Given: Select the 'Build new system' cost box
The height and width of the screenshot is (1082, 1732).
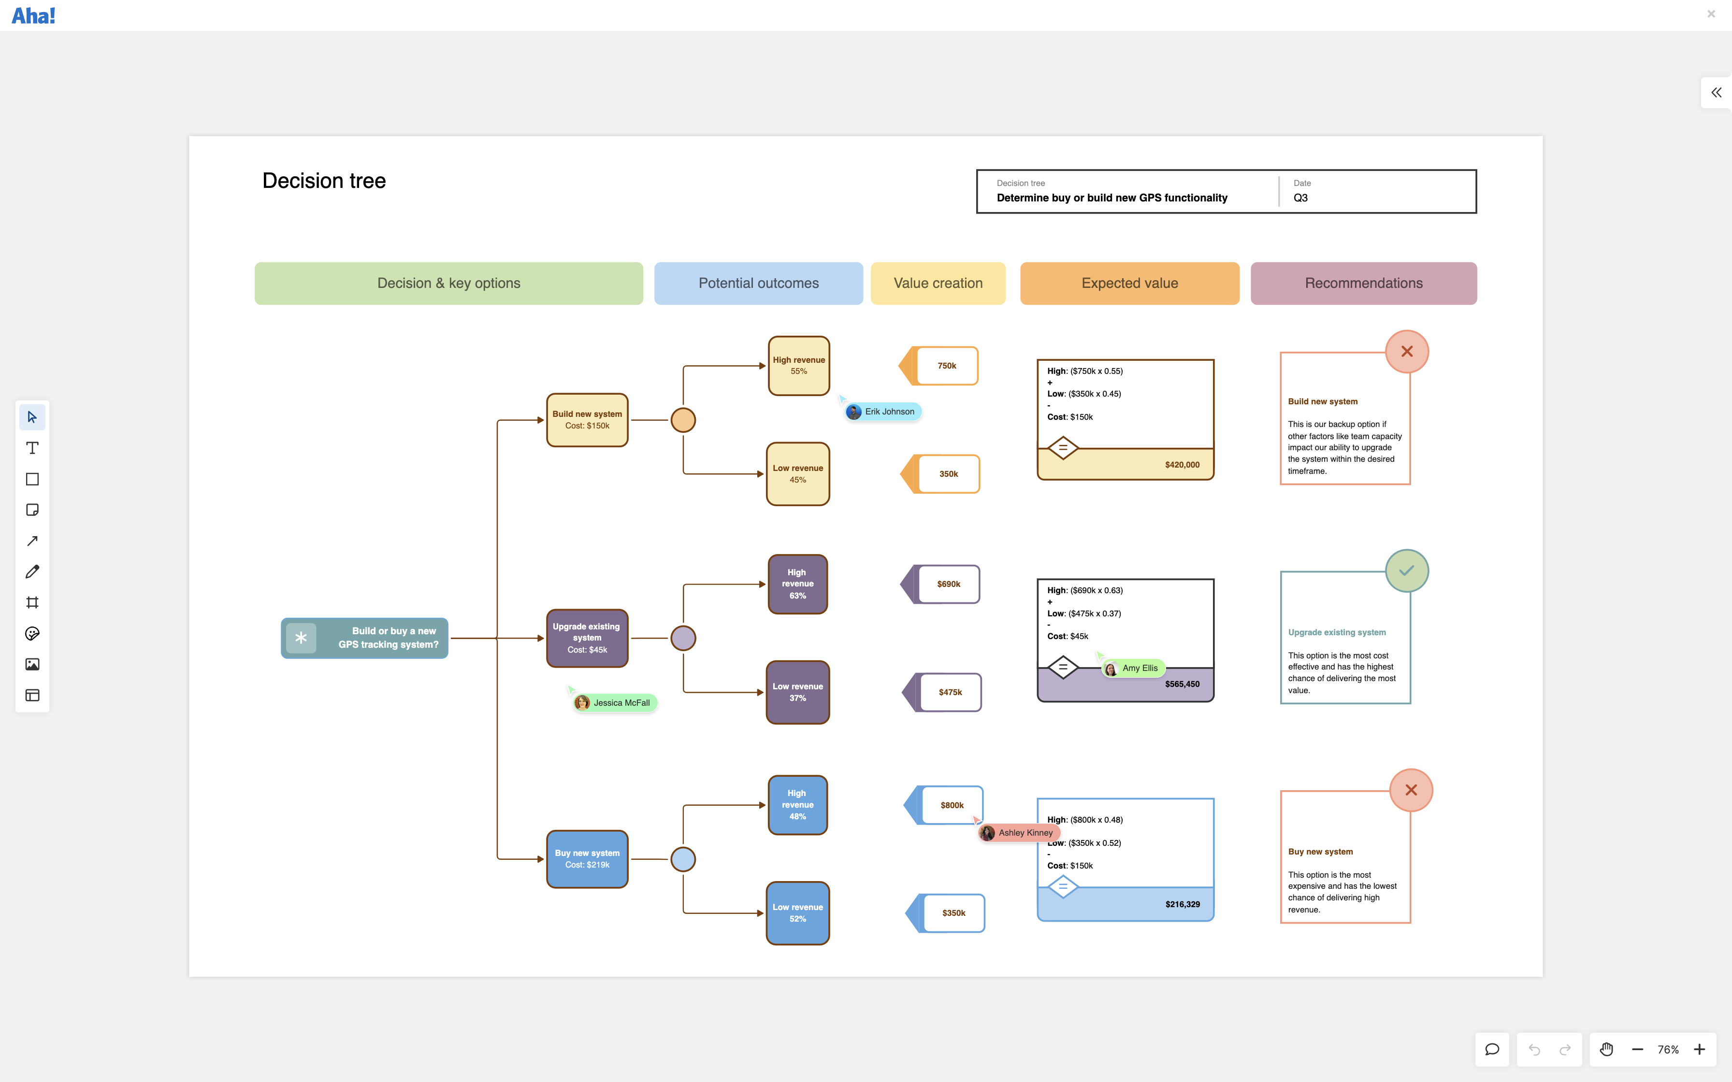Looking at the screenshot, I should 587,420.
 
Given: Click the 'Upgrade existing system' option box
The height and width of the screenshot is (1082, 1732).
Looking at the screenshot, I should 587,638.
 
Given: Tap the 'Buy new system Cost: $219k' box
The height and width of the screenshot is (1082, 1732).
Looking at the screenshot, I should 587,859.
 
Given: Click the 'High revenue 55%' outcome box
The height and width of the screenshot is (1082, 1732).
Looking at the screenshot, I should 799,366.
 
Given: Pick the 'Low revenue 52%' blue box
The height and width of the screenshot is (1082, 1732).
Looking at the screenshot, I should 797,913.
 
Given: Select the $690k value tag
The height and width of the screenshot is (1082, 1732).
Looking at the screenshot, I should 948,584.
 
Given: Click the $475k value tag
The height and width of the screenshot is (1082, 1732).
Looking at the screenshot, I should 950,692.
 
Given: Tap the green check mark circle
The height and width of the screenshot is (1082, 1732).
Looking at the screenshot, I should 1406,570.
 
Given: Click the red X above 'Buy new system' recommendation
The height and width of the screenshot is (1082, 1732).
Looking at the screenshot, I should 1411,790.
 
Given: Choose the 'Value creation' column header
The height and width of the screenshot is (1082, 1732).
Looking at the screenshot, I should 938,284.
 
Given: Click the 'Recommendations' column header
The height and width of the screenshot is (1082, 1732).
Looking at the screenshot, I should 1363,284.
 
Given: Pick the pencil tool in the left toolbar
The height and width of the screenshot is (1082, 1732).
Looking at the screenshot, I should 32,572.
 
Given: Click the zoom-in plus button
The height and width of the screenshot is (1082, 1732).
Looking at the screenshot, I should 1699,1050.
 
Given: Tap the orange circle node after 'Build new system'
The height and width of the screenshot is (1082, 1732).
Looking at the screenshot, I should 683,420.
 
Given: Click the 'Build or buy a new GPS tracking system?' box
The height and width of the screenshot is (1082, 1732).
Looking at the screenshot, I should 364,638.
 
